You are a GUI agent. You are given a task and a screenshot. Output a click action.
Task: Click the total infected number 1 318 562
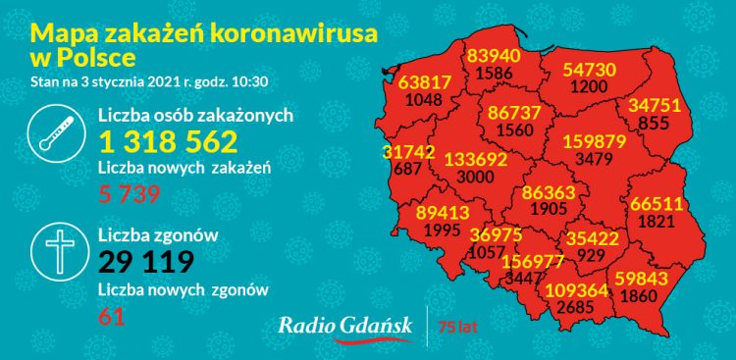169,142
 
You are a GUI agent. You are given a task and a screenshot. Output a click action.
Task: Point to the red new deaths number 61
111,316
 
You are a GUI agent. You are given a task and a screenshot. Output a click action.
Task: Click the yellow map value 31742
407,152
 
